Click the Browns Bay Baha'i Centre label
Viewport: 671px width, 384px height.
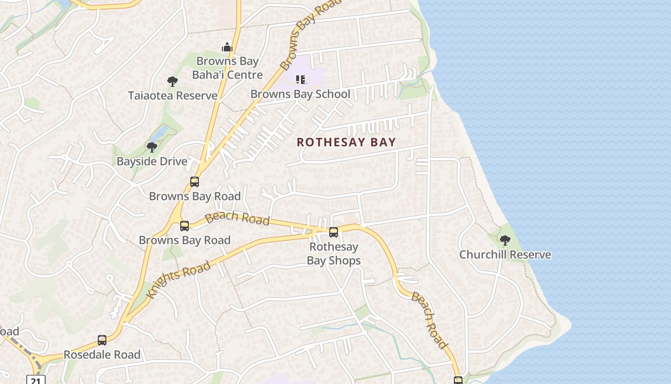pyautogui.click(x=227, y=68)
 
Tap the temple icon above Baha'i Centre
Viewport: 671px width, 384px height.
pyautogui.click(x=227, y=47)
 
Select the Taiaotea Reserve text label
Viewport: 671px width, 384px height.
pyautogui.click(x=173, y=96)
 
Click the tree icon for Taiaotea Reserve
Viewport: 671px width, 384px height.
pyautogui.click(x=173, y=81)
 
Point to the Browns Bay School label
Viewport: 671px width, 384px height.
pyautogui.click(x=300, y=94)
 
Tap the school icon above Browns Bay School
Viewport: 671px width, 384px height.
pyautogui.click(x=301, y=79)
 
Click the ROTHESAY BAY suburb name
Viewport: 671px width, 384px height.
pyautogui.click(x=346, y=142)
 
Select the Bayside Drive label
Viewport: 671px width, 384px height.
pyautogui.click(x=152, y=161)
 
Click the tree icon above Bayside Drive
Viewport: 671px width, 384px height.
pyautogui.click(x=152, y=147)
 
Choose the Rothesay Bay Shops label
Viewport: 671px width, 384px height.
pyautogui.click(x=334, y=253)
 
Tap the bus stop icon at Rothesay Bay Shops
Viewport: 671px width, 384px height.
pyautogui.click(x=334, y=232)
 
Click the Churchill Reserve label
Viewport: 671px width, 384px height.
pyautogui.click(x=505, y=254)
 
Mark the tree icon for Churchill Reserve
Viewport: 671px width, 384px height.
pyautogui.click(x=505, y=240)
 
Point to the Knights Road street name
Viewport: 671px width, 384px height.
pyautogui.click(x=179, y=280)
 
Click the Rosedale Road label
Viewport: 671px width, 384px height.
pyautogui.click(x=102, y=355)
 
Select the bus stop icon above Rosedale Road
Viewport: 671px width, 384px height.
pyautogui.click(x=102, y=340)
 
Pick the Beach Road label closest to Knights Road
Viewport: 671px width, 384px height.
pyautogui.click(x=237, y=217)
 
